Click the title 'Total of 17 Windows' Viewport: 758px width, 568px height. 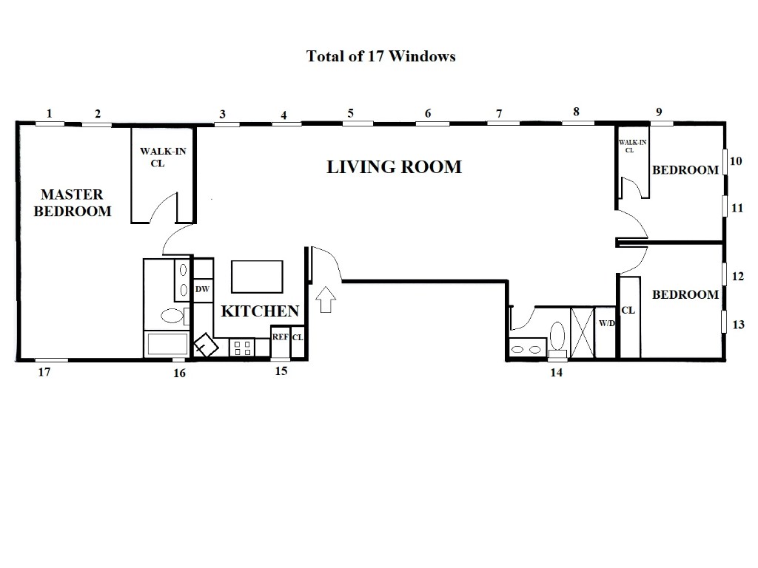381,56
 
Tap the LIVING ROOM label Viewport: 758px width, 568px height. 394,167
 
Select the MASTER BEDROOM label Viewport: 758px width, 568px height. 73,203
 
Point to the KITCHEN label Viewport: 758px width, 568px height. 260,311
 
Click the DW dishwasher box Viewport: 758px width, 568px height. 203,290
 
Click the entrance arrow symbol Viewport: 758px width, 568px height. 326,300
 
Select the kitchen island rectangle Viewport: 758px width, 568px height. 257,277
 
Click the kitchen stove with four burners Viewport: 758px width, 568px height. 242,348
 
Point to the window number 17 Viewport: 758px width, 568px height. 44,373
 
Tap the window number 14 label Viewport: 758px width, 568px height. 557,373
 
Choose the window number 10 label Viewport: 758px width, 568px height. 736,160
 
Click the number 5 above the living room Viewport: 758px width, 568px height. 350,113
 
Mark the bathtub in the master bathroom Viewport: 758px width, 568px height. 167,344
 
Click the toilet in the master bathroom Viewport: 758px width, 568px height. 173,316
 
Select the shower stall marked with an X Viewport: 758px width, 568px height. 582,332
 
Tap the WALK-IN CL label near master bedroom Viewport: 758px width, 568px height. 163,157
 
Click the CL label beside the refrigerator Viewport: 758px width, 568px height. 298,337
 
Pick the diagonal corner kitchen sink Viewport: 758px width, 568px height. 206,345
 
